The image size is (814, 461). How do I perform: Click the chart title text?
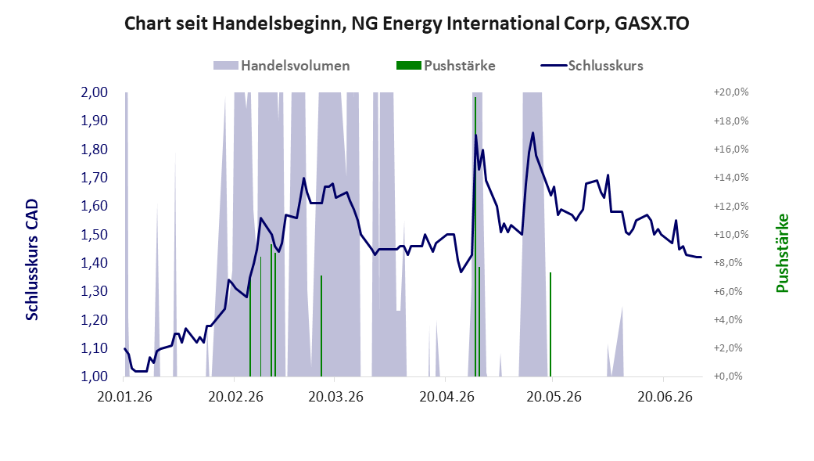[407, 24]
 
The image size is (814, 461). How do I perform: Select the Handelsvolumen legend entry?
[281, 66]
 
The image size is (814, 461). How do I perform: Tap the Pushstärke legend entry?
[446, 66]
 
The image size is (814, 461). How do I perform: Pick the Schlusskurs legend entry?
[592, 66]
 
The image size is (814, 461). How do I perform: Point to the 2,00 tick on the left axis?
[94, 92]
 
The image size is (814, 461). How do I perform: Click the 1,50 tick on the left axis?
[94, 234]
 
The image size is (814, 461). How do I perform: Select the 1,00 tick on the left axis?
[94, 376]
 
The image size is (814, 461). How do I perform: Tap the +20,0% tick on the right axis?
[731, 92]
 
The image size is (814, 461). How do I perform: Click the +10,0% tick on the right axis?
[731, 234]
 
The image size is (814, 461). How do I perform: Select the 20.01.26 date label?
[124, 397]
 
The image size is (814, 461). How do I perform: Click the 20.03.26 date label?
[336, 397]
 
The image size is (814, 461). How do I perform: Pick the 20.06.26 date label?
[665, 397]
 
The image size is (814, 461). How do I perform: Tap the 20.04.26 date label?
[447, 397]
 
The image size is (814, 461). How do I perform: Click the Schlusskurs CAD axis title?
[32, 259]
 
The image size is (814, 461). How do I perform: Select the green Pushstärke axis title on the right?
[782, 253]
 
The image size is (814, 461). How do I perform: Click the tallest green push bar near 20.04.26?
[475, 236]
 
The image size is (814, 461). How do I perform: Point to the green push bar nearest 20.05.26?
[550, 324]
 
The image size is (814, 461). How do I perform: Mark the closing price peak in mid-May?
[533, 133]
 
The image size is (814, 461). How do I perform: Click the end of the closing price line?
[701, 257]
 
